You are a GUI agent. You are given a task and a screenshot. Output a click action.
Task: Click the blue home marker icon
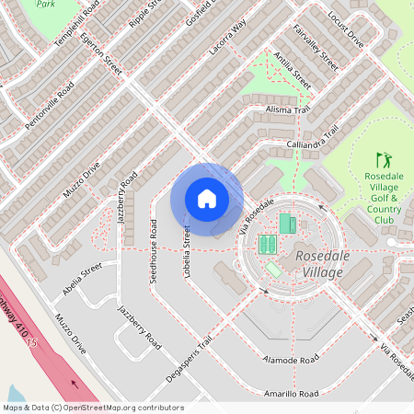207,199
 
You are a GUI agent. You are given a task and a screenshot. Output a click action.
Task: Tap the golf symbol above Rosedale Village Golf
383,161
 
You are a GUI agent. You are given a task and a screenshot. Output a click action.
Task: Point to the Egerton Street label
100,54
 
